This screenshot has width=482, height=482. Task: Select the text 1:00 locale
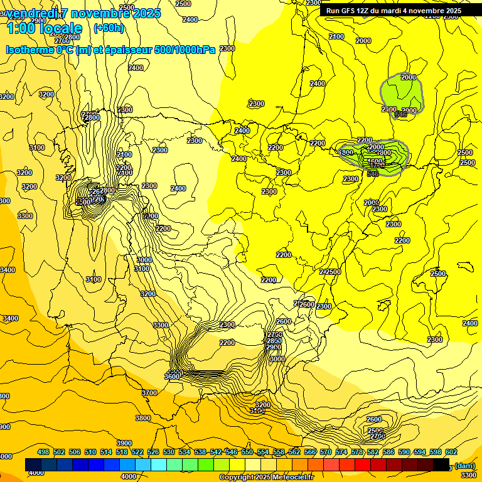[44, 28]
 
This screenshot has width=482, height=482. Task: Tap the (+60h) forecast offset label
[109, 28]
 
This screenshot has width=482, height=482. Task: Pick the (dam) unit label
[464, 465]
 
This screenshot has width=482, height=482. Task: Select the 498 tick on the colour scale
[43, 452]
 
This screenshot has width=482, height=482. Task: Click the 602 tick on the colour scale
[451, 452]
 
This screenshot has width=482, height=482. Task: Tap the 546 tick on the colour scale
[232, 452]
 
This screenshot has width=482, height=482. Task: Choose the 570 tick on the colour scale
[326, 452]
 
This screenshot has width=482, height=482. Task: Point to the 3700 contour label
[149, 393]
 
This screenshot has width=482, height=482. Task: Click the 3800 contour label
[143, 418]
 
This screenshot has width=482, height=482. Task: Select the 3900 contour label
[124, 443]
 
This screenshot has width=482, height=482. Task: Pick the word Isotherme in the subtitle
[29, 50]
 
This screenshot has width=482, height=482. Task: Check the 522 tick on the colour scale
[137, 452]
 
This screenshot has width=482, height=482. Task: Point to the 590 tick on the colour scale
[404, 452]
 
